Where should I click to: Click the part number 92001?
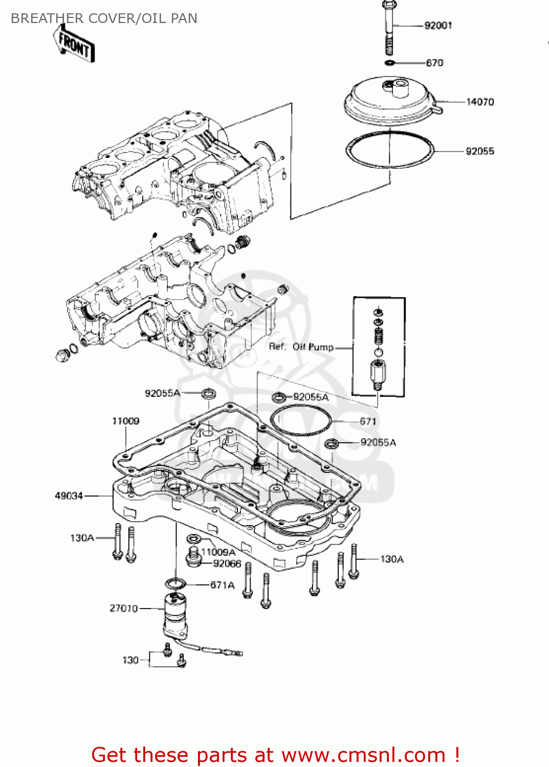click(x=438, y=26)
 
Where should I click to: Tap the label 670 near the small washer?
click(x=434, y=63)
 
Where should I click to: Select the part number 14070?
click(x=480, y=102)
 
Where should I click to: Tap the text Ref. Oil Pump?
click(x=301, y=347)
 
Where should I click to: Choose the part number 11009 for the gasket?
click(x=125, y=421)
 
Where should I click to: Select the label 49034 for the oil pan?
click(x=69, y=495)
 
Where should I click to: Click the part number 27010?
click(x=123, y=608)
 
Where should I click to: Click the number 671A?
click(x=223, y=585)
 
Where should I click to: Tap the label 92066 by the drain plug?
click(x=227, y=563)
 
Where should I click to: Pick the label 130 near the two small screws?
click(x=130, y=660)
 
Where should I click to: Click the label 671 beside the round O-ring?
click(x=368, y=421)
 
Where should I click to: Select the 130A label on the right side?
click(x=392, y=559)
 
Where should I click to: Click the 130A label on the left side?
click(x=82, y=538)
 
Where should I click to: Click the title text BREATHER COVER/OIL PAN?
click(x=104, y=18)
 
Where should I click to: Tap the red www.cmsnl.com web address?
click(x=363, y=755)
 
